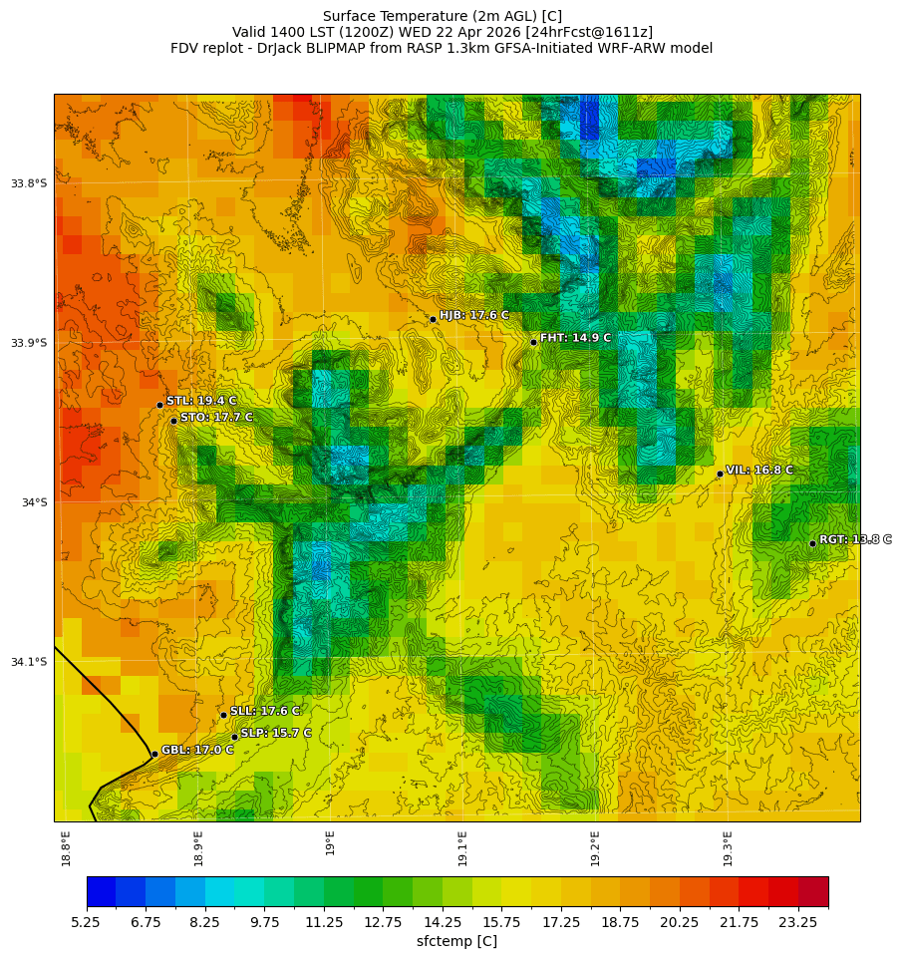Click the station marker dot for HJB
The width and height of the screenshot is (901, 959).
click(433, 319)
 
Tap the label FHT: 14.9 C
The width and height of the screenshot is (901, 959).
click(575, 338)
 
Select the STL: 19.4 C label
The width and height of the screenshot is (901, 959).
click(201, 401)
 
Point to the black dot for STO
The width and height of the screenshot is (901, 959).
click(173, 421)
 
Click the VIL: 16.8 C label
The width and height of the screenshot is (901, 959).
click(759, 470)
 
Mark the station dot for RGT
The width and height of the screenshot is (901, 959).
click(812, 543)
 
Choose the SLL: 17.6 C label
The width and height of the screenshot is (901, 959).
click(265, 711)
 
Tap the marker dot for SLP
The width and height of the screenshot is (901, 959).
click(235, 737)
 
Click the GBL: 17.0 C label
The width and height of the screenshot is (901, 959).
click(197, 750)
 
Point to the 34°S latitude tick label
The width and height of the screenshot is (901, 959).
click(34, 502)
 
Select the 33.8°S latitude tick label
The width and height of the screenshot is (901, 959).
click(29, 183)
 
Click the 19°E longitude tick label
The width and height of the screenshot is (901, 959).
click(330, 841)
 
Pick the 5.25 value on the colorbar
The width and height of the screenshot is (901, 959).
click(86, 923)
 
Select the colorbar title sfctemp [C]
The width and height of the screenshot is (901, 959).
click(456, 941)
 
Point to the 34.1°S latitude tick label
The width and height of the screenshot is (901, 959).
click(29, 662)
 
